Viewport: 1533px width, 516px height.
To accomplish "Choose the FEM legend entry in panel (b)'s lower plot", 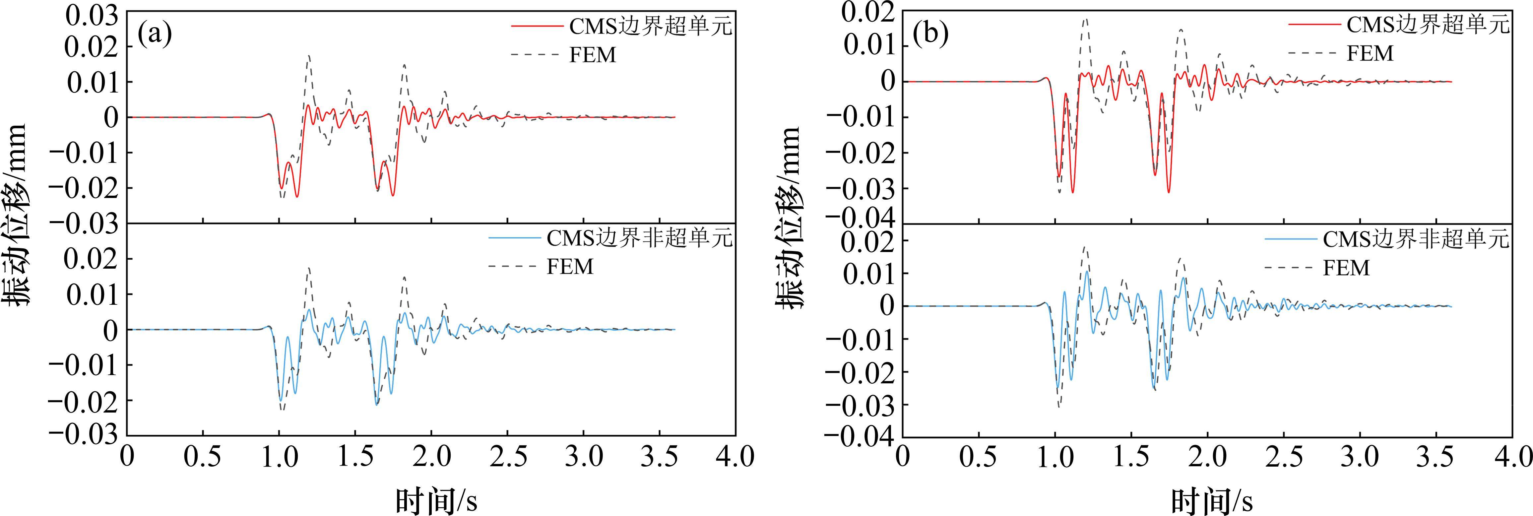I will [1346, 268].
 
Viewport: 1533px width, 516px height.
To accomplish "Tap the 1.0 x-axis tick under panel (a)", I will [279, 457].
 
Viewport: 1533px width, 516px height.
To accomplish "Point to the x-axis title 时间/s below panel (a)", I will [436, 500].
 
